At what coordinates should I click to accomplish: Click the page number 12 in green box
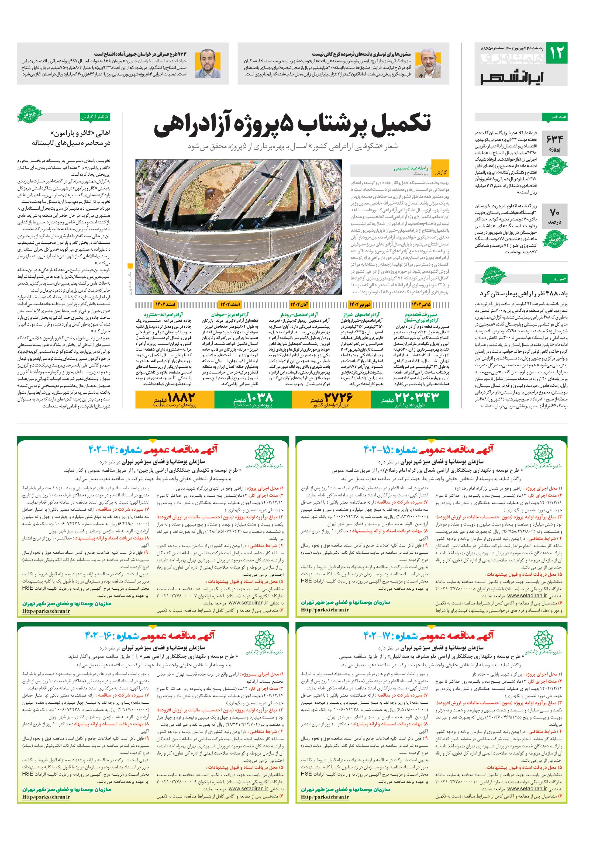click(x=556, y=53)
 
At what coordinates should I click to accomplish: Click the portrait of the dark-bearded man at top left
click(x=207, y=63)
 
